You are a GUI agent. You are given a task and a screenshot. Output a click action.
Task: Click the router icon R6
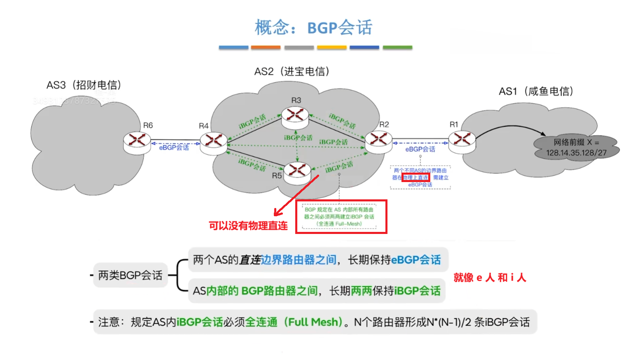click(x=137, y=142)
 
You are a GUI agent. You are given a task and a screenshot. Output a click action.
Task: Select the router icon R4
click(x=213, y=142)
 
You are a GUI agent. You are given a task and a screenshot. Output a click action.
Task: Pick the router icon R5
click(x=297, y=172)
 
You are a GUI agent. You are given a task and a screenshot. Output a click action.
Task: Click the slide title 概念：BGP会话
click(x=314, y=28)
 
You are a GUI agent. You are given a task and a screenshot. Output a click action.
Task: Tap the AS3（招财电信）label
click(x=84, y=85)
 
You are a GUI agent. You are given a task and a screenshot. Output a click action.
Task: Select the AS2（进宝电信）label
click(x=292, y=72)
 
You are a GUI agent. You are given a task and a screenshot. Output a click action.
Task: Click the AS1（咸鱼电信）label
click(x=536, y=91)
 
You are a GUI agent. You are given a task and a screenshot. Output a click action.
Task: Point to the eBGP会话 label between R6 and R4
click(x=174, y=147)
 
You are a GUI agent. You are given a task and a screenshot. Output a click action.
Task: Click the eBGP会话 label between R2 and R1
click(x=420, y=149)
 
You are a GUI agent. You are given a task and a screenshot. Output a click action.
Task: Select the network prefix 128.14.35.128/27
click(x=576, y=153)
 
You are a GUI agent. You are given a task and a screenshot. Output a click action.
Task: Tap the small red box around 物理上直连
click(x=416, y=178)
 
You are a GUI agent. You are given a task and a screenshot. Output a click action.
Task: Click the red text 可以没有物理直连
click(x=248, y=226)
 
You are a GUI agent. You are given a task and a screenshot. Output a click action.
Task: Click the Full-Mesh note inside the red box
click(x=339, y=217)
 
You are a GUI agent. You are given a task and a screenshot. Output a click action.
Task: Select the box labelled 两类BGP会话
click(x=130, y=275)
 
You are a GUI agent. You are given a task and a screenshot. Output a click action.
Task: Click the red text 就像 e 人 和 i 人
click(x=490, y=278)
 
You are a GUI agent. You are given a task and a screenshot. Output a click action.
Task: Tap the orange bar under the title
click(x=266, y=48)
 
